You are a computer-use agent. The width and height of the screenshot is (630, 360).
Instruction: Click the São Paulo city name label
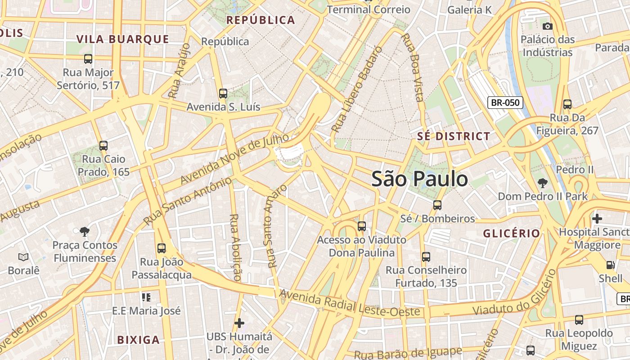[419, 179]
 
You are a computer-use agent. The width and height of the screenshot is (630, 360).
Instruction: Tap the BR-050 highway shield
[505, 103]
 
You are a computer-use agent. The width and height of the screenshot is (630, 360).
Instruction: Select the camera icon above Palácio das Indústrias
[548, 26]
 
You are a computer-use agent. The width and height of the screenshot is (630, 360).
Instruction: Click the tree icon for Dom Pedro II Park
[543, 183]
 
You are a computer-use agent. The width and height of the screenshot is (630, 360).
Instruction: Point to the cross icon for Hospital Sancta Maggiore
[597, 219]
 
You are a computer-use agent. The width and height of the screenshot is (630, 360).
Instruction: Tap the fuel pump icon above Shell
[610, 265]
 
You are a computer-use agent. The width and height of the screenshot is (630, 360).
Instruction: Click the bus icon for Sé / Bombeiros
[437, 205]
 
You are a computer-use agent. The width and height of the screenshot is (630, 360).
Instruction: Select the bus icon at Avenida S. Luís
[223, 94]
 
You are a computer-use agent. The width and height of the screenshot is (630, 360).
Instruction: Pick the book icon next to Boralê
[23, 257]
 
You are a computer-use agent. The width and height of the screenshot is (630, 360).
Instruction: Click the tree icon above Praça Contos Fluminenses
[84, 232]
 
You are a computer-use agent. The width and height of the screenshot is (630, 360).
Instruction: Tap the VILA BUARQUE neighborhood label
[123, 39]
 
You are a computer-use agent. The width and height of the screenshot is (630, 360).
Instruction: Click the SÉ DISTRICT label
[454, 136]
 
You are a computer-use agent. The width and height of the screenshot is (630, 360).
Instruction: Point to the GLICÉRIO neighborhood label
[511, 233]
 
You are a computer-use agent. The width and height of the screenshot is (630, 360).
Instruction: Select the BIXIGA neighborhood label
[138, 340]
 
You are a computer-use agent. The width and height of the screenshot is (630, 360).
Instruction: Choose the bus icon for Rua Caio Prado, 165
[103, 145]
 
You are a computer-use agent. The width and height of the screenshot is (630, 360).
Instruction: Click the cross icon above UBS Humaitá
[239, 323]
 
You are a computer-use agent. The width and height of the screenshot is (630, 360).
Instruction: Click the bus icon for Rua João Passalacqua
[162, 248]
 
